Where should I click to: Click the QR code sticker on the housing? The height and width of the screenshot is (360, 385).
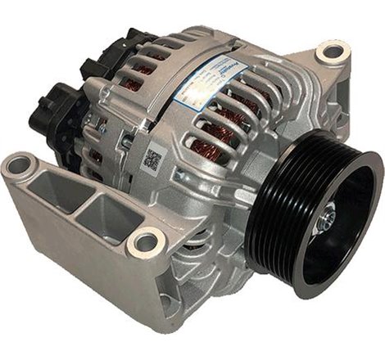152,159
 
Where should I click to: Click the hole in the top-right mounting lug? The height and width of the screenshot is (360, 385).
333,53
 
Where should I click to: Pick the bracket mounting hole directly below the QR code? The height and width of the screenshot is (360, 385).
145,243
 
